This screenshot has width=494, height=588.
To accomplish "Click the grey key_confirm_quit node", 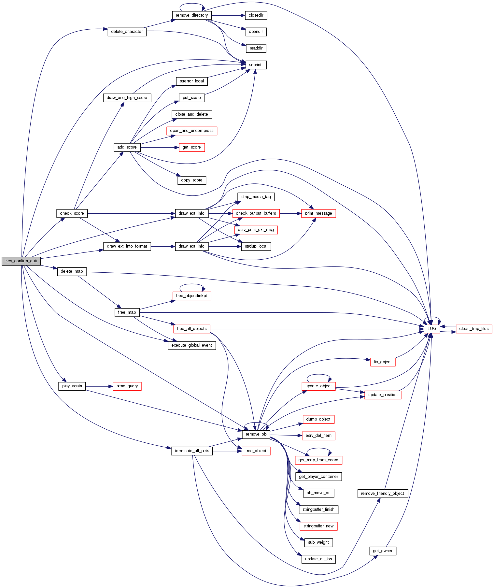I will click(21, 261).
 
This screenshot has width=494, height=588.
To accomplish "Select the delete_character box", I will click(127, 32).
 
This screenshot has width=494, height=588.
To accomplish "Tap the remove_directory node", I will click(191, 15).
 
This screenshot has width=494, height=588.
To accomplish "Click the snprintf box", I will click(256, 65).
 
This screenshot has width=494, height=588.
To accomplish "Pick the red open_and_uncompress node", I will click(191, 131).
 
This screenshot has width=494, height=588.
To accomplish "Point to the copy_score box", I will click(191, 180).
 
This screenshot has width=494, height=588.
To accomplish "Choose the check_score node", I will click(72, 213).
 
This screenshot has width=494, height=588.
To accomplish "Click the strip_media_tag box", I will click(256, 197).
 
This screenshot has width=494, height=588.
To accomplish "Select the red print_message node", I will click(318, 213).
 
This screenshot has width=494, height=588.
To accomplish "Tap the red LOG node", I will click(432, 329).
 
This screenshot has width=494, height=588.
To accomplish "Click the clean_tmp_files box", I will click(474, 329).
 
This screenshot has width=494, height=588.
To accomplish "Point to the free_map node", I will click(127, 312).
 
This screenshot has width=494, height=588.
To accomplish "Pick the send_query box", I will click(127, 386).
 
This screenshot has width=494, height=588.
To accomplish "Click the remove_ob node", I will click(256, 434).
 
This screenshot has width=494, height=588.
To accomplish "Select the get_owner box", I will click(383, 551).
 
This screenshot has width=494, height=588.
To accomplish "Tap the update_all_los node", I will click(318, 559).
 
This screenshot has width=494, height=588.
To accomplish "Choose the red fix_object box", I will click(383, 362).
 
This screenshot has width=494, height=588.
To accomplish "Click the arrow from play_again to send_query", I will click(99, 386).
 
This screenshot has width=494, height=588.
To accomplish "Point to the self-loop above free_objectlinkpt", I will click(191, 284).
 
